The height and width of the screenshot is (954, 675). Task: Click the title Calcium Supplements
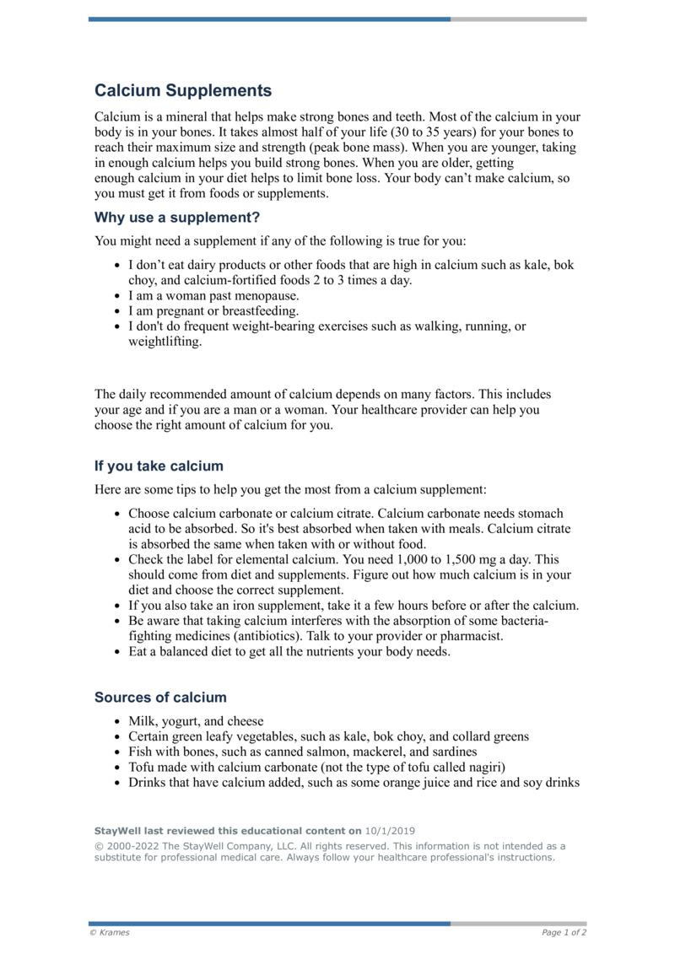183,90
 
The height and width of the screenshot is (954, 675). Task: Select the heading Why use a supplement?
177,217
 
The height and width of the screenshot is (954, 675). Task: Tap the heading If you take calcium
159,466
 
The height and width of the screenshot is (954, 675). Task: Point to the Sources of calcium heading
160,698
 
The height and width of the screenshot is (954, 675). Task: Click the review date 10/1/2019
390,830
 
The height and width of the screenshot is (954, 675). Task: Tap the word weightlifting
165,342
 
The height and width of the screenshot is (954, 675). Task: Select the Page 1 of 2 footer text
564,933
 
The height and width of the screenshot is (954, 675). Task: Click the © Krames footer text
110,933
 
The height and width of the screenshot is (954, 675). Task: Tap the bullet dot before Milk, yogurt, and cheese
116,722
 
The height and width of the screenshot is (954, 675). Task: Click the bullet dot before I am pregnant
116,311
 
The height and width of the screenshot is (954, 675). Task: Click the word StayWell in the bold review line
117,830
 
